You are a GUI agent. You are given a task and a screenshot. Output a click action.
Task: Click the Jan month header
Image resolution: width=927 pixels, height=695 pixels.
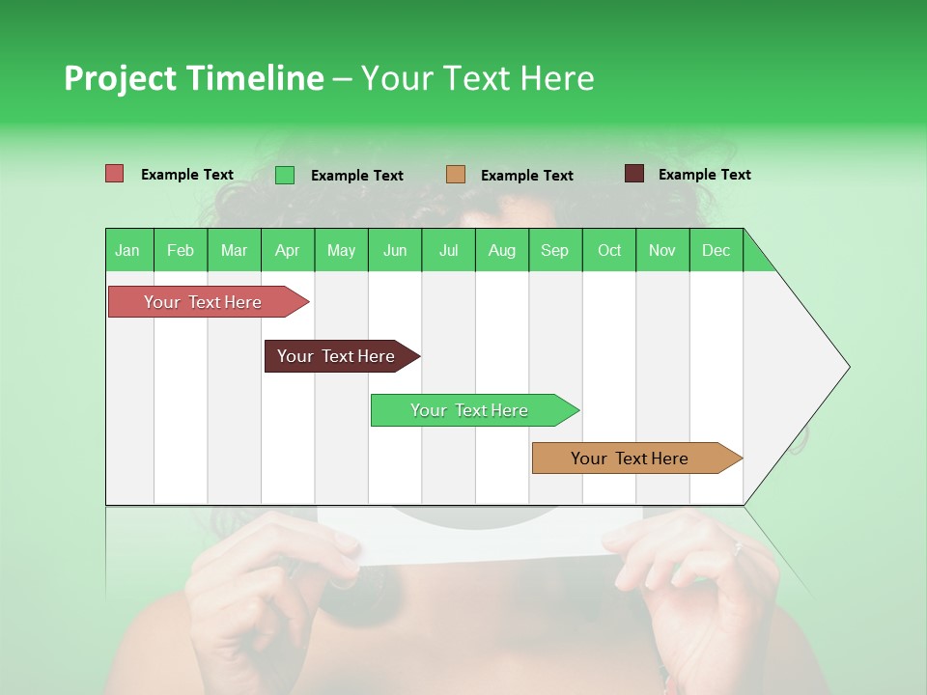(128, 250)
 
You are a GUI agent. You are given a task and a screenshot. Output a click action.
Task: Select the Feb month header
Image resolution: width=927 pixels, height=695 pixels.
(181, 250)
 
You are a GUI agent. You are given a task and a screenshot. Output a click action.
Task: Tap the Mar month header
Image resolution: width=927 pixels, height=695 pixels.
(234, 250)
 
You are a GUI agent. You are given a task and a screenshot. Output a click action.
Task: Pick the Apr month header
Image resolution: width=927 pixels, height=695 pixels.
(288, 250)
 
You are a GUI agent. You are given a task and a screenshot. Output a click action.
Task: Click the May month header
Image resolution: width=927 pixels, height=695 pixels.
(341, 250)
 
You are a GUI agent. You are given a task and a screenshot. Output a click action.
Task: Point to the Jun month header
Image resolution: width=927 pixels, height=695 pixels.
(395, 250)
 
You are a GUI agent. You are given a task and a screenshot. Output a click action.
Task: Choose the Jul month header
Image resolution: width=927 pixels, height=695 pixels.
(448, 250)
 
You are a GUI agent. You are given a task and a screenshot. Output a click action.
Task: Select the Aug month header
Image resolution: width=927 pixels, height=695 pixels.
(502, 250)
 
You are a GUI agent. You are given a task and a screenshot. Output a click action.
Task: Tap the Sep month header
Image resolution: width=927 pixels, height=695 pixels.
(555, 250)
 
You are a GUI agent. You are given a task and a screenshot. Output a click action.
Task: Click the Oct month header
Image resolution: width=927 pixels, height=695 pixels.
(609, 250)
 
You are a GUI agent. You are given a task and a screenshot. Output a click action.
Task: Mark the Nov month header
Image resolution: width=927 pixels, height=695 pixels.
(662, 250)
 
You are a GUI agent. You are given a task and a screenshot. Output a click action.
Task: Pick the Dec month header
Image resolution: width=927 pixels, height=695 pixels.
(716, 250)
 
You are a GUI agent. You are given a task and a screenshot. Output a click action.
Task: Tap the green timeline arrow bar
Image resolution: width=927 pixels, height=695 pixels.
(470, 410)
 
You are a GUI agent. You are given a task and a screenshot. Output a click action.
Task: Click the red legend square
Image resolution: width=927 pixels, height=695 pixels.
(115, 174)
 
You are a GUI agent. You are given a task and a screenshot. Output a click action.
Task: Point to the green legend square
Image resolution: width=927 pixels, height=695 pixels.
(285, 175)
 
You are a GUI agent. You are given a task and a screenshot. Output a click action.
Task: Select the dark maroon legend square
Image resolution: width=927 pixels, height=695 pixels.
(634, 174)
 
